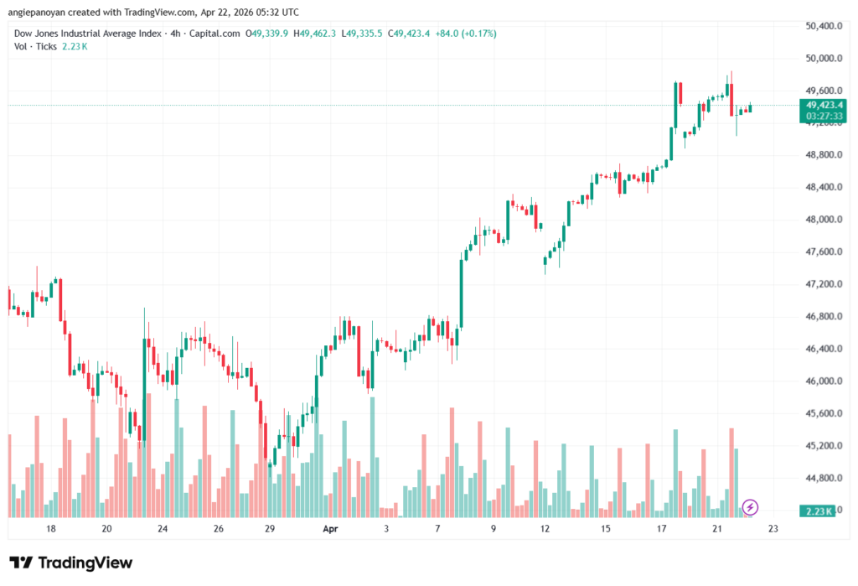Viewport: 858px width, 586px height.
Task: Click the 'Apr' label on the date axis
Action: tap(330, 529)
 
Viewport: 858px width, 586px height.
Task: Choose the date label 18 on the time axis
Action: tap(51, 529)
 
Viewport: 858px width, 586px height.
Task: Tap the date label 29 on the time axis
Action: tap(270, 529)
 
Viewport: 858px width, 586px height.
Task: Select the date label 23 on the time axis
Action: tap(773, 529)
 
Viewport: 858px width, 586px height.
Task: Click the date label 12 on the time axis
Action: tap(546, 529)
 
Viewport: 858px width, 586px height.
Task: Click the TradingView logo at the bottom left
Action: tap(70, 563)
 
